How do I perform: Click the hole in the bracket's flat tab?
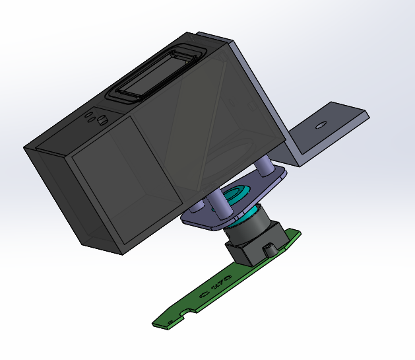321,124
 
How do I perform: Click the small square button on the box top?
102,120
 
